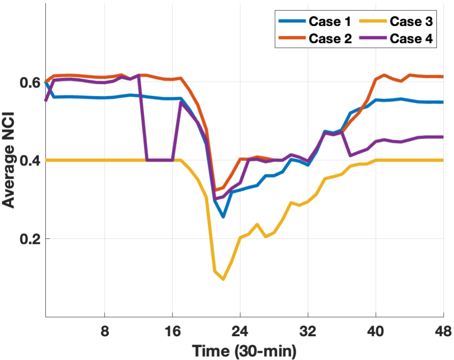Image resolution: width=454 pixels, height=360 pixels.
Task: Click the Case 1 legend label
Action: tap(329, 21)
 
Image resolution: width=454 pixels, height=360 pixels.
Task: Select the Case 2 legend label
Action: tap(329, 38)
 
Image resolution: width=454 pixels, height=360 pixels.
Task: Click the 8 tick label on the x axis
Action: tap(105, 330)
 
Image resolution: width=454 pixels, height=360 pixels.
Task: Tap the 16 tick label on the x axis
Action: tap(172, 330)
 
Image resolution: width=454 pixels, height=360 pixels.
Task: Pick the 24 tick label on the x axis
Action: tap(240, 330)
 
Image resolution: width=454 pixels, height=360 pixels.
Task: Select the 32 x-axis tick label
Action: tap(308, 330)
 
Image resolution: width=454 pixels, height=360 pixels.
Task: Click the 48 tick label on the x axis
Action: tap(443, 330)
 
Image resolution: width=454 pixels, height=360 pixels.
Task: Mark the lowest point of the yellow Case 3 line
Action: tap(223, 279)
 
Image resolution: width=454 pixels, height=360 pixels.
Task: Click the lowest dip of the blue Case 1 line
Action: tap(223, 217)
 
